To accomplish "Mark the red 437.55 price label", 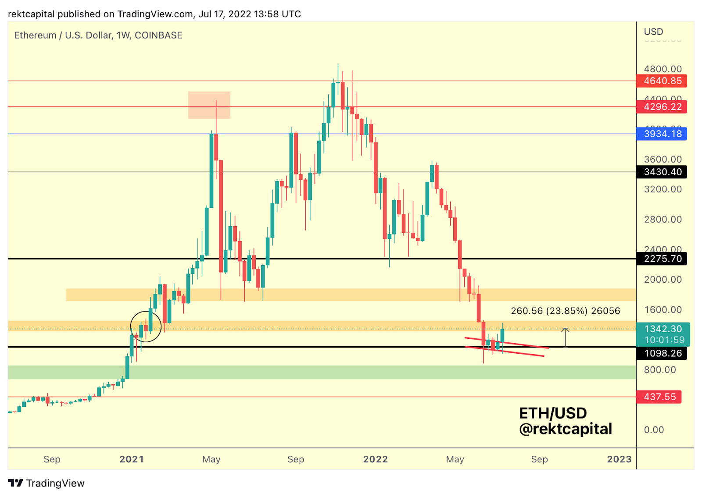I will pyautogui.click(x=659, y=397).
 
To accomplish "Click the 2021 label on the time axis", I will pyautogui.click(x=132, y=459).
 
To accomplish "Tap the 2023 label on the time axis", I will pyautogui.click(x=619, y=459).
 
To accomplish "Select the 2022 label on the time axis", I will pyautogui.click(x=376, y=459).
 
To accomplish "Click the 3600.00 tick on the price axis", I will pyautogui.click(x=663, y=160).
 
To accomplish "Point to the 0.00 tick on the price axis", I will pyautogui.click(x=654, y=430).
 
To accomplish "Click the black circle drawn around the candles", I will pyautogui.click(x=146, y=327).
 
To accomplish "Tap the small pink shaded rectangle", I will pyautogui.click(x=209, y=105).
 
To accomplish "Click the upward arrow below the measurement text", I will pyautogui.click(x=565, y=337).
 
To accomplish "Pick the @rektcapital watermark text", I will pyautogui.click(x=566, y=429).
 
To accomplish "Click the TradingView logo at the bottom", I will pyautogui.click(x=47, y=483).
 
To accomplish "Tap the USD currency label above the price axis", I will pyautogui.click(x=653, y=32).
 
